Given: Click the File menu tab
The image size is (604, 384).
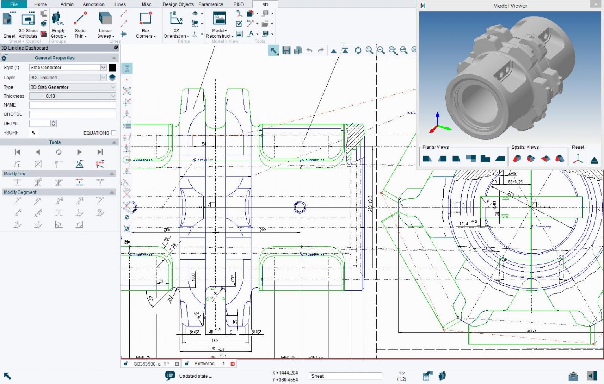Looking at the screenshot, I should [x=14, y=4].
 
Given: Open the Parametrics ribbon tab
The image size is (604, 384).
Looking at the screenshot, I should [x=210, y=4].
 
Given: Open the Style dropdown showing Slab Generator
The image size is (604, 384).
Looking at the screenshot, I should [x=103, y=68].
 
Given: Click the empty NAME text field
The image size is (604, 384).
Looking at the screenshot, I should [x=73, y=105].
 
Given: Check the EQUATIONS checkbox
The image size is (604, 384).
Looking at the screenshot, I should [x=114, y=133].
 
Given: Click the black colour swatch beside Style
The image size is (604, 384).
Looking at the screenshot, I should [x=112, y=68].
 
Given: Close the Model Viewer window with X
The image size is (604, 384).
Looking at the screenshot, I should [x=595, y=5].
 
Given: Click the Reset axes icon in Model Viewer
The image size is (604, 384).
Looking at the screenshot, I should [x=578, y=159].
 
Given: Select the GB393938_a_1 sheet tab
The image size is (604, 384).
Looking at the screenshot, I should [x=151, y=364].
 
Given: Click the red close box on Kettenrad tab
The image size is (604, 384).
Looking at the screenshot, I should [x=232, y=364].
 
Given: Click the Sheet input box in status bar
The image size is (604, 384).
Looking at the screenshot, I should [x=345, y=376].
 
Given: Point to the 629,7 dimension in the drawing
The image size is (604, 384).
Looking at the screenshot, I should [x=531, y=330].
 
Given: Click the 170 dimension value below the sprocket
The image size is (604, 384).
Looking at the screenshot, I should [x=212, y=349].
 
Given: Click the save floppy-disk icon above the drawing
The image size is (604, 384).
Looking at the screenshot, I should [x=286, y=50].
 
